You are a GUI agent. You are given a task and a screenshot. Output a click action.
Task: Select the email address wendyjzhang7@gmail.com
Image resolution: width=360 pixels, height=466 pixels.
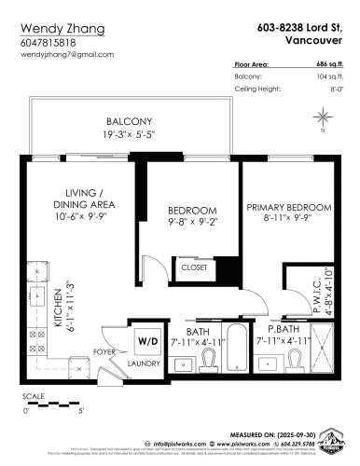(66, 54)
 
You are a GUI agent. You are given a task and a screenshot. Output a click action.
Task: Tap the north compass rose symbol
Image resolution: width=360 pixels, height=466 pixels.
(323, 117)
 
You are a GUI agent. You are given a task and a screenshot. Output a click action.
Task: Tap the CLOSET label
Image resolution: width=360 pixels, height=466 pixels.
(194, 267)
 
